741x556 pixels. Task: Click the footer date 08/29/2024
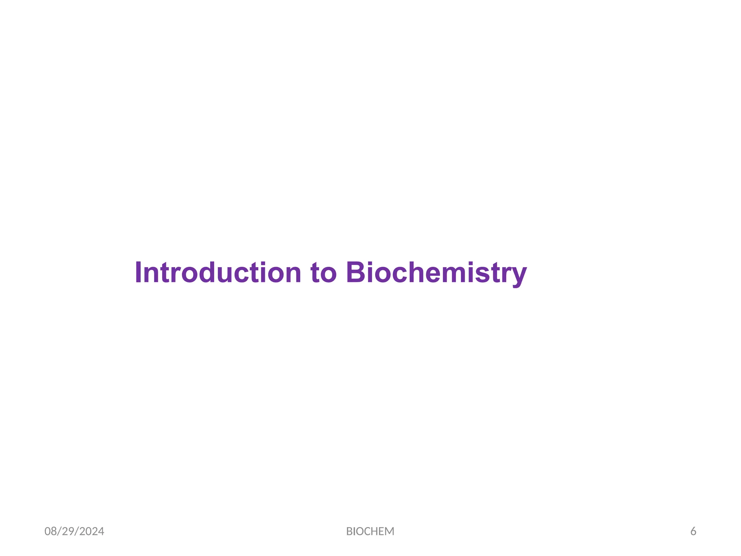coord(74,531)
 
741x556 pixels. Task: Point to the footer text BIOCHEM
coord(370,531)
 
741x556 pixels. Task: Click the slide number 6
coord(693,531)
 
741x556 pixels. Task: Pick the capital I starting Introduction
coord(138,273)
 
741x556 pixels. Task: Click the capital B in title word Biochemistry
coord(356,273)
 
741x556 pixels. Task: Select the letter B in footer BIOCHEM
coord(349,531)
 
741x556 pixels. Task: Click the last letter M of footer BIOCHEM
coord(390,531)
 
